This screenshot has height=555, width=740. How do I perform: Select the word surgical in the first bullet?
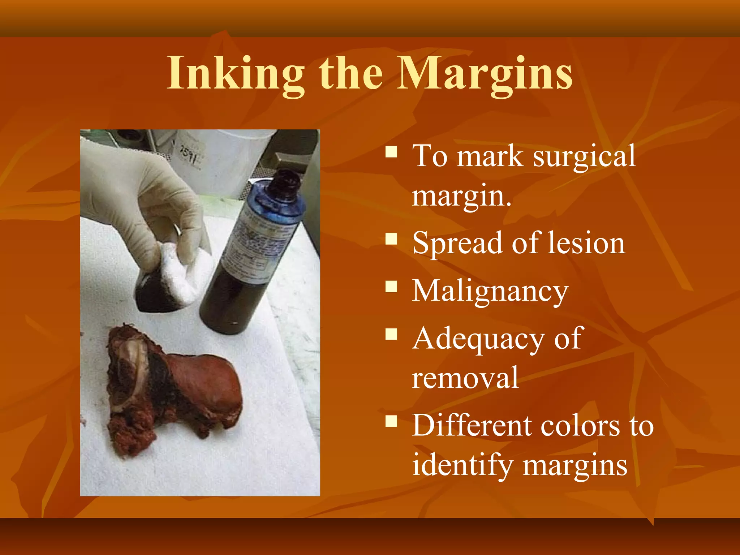tap(584, 156)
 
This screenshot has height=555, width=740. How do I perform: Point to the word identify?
tap(462, 465)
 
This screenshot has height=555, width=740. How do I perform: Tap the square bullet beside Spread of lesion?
tap(391, 238)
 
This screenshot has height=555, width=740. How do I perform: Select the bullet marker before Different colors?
tap(391, 421)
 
